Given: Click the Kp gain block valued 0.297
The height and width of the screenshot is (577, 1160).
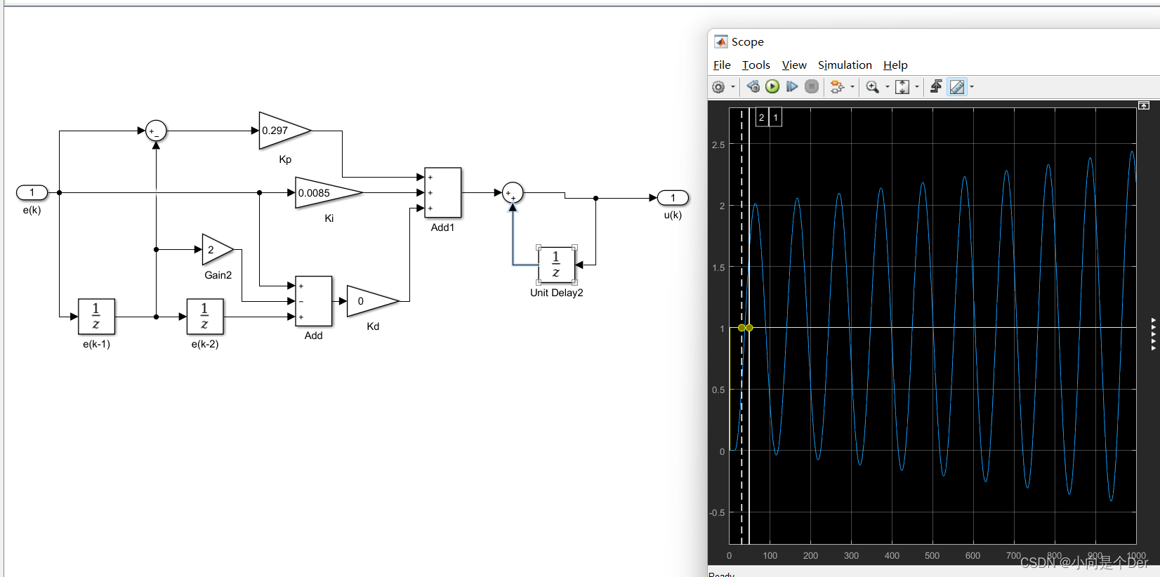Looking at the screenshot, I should click(282, 131).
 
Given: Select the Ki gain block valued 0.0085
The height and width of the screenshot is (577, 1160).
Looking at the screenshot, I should click(325, 193).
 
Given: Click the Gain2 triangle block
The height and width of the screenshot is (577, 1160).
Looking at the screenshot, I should click(216, 249).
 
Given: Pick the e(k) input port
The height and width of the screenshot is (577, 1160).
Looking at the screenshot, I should click(32, 192).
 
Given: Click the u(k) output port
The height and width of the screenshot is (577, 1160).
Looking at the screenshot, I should click(673, 198).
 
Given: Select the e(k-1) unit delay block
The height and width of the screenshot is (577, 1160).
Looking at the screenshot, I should click(96, 317).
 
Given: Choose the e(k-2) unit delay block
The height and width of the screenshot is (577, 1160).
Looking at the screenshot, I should click(205, 317).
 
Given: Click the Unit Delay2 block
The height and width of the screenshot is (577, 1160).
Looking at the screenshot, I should click(556, 265).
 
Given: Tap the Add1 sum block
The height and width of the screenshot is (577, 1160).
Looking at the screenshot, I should click(443, 192).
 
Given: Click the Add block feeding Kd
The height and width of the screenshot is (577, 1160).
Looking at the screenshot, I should click(313, 301).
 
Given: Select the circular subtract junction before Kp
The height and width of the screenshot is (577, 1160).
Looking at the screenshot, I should click(156, 131).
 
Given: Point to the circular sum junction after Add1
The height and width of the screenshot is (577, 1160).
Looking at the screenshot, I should click(513, 192).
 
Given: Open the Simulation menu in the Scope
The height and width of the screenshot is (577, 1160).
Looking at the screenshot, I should click(845, 65).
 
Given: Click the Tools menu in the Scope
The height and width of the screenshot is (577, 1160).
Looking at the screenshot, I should click(756, 65).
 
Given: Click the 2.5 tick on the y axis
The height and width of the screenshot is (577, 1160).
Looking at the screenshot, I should click(718, 145).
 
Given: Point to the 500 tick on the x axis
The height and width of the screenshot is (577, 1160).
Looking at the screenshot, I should click(932, 556).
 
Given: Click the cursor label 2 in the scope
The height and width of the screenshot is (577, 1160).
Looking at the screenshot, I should click(761, 117).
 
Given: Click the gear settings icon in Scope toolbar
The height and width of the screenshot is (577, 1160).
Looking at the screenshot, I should click(718, 87).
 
